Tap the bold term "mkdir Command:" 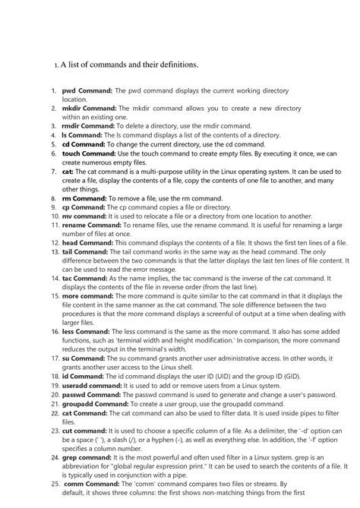[x=90, y=109]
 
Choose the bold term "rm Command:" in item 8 [x=84, y=197]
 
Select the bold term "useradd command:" [x=92, y=385]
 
